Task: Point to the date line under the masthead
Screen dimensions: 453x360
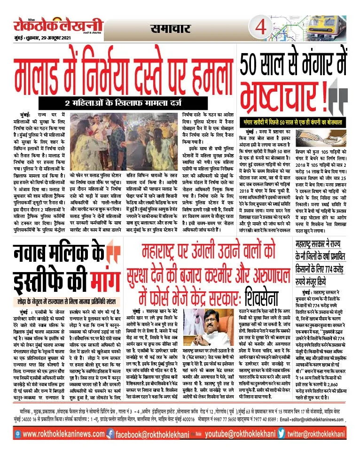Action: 39,39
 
